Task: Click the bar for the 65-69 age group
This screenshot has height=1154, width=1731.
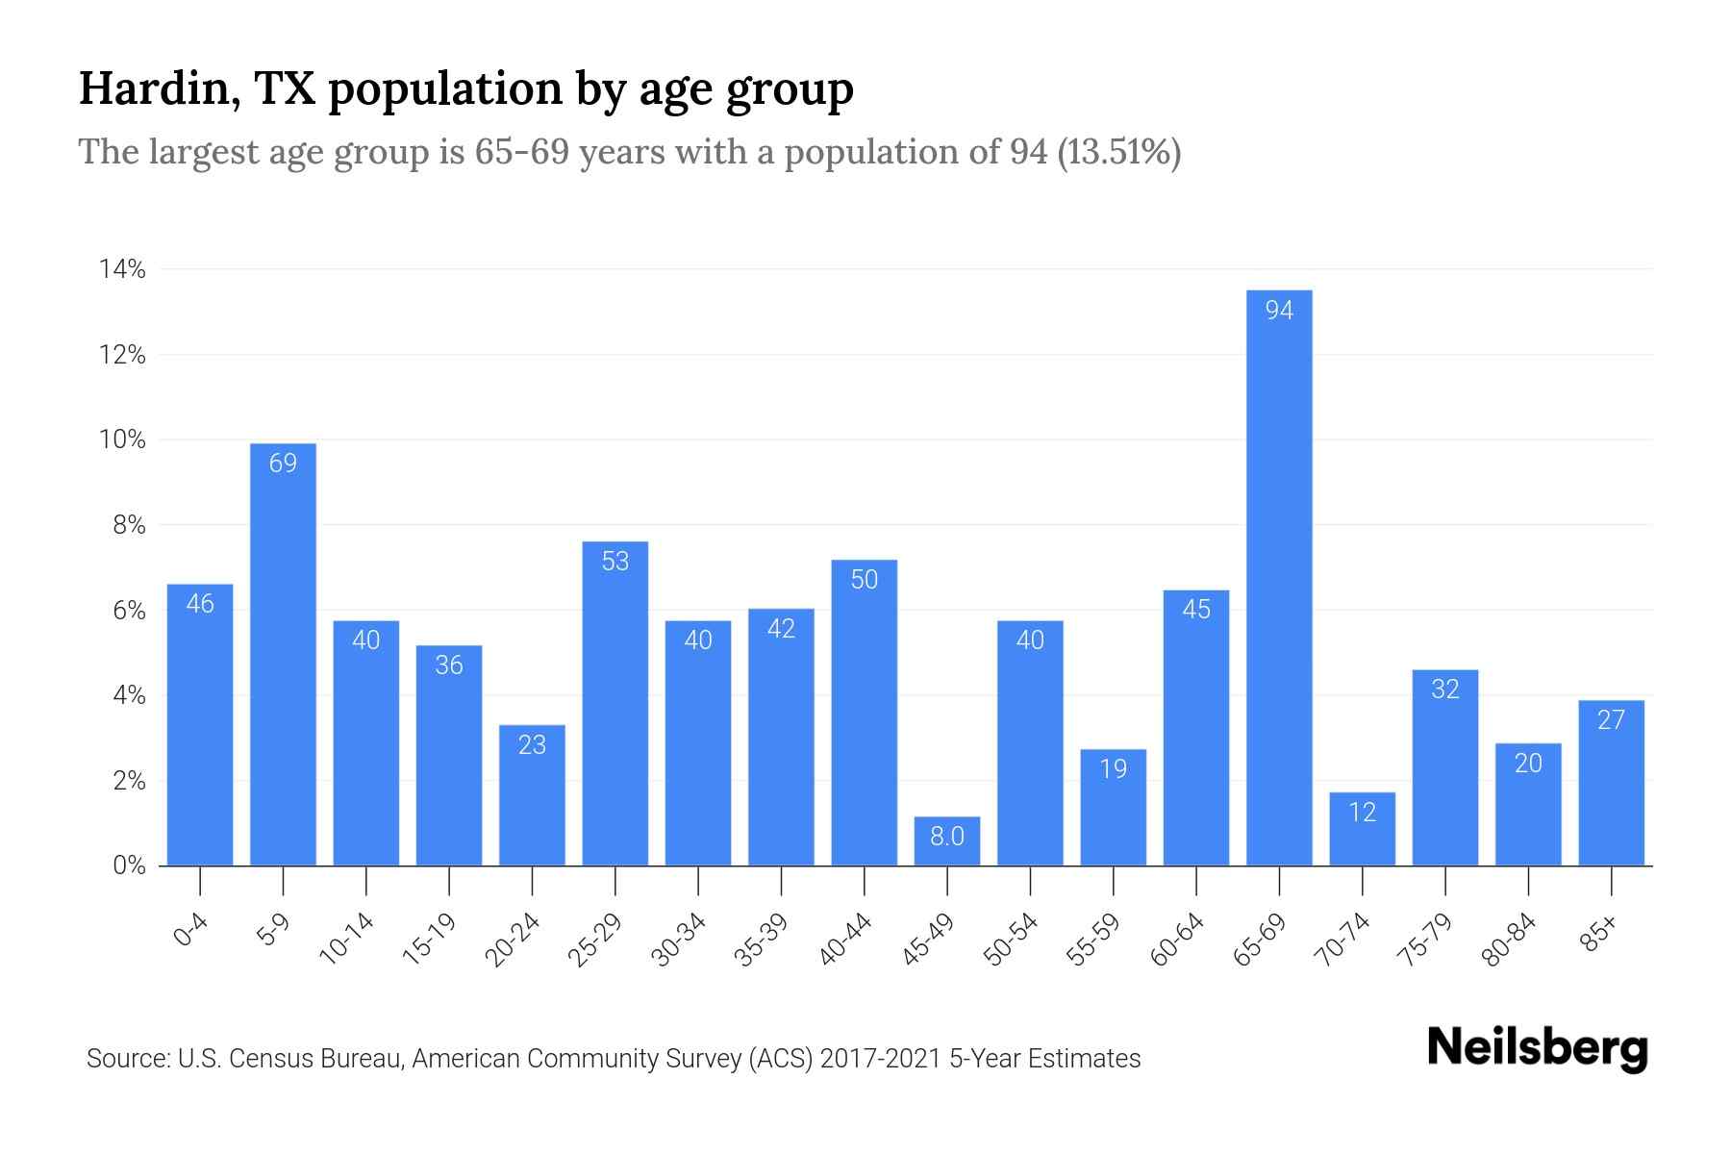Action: point(1279,577)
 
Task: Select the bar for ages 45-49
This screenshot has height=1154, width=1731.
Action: point(947,841)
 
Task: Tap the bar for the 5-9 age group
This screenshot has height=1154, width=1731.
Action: point(283,654)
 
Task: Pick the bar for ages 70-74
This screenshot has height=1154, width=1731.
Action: point(1362,829)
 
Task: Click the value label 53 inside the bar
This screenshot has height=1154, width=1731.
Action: point(615,561)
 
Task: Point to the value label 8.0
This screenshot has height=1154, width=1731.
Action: point(947,837)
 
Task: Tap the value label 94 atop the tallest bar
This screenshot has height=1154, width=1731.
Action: point(1279,310)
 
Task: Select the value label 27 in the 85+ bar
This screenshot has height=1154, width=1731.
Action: point(1611,719)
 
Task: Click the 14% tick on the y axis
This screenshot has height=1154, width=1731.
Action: point(122,269)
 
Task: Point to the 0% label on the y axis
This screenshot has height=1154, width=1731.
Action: point(129,865)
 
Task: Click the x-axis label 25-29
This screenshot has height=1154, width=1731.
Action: point(595,940)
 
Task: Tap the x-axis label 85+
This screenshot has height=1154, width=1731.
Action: point(1599,934)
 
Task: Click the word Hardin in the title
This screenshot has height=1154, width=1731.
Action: point(158,88)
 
